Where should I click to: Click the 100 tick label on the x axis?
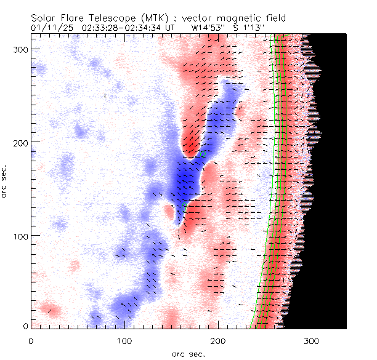(124, 340)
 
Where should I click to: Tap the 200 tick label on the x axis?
(218, 340)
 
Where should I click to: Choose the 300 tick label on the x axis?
(312, 340)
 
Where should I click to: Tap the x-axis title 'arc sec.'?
(188, 354)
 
